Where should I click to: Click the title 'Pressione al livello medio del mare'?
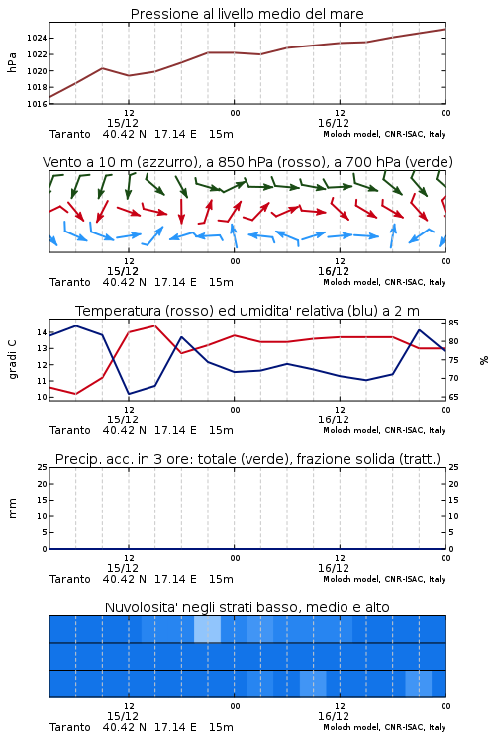tap(247, 14)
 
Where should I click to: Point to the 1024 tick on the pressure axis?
tap(36, 38)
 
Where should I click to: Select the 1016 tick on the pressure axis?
tap(36, 104)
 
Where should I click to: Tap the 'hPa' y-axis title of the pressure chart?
tap(12, 62)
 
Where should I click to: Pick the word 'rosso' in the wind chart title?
tap(293, 162)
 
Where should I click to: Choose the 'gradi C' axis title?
tap(12, 360)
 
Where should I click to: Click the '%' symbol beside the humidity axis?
tap(484, 360)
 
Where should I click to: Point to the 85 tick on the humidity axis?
tap(453, 323)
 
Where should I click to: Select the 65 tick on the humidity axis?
tap(453, 397)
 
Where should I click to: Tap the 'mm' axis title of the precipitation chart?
tap(12, 509)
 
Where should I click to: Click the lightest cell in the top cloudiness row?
tap(208, 629)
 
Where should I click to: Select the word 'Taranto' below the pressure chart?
tap(69, 134)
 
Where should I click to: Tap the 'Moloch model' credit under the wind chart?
tap(351, 282)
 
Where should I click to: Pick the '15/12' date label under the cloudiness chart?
tap(122, 716)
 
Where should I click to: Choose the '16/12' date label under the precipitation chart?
tap(333, 568)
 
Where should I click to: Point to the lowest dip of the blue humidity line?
tap(129, 394)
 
